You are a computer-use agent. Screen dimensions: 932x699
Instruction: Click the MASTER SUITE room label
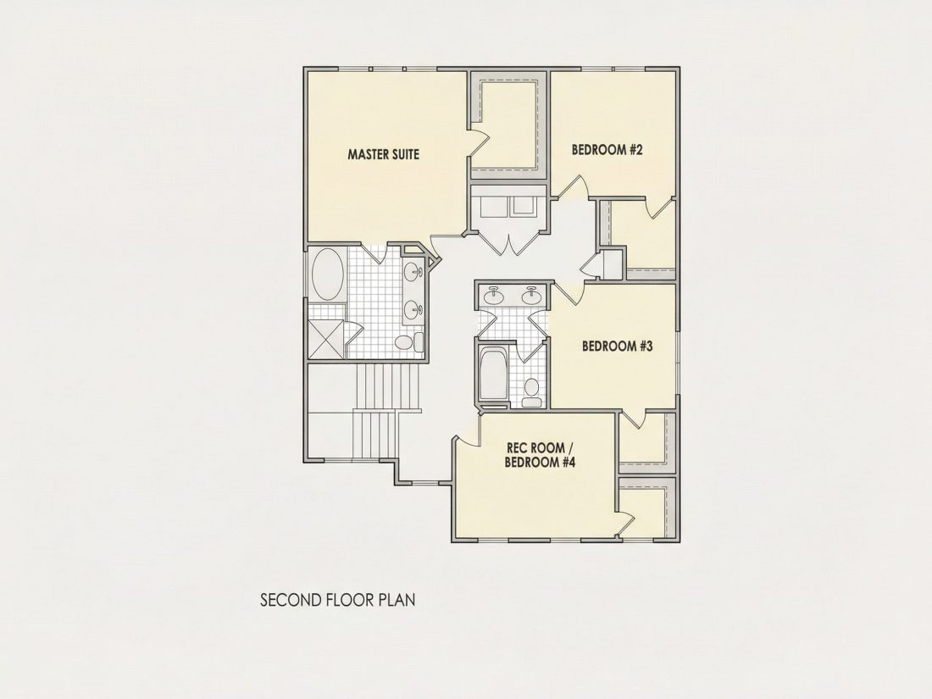(x=383, y=154)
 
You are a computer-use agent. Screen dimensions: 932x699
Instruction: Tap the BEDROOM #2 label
(x=607, y=149)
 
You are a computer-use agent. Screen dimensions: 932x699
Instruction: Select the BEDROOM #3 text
(x=617, y=346)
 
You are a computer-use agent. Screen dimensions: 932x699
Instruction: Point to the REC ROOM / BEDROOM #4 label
(x=540, y=455)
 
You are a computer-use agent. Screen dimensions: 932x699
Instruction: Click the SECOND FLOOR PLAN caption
(x=337, y=600)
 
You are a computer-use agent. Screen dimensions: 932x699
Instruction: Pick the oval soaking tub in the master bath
(x=327, y=274)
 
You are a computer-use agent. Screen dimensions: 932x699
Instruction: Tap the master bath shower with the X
(x=325, y=340)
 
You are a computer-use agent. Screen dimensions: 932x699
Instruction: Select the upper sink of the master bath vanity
(x=413, y=273)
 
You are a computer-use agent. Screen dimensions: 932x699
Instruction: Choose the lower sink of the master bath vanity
(x=413, y=309)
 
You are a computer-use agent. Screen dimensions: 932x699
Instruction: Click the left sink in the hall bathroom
(x=492, y=294)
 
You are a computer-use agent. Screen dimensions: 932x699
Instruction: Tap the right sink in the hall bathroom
(x=530, y=294)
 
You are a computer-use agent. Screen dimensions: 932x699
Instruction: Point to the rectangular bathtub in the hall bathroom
(x=492, y=374)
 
